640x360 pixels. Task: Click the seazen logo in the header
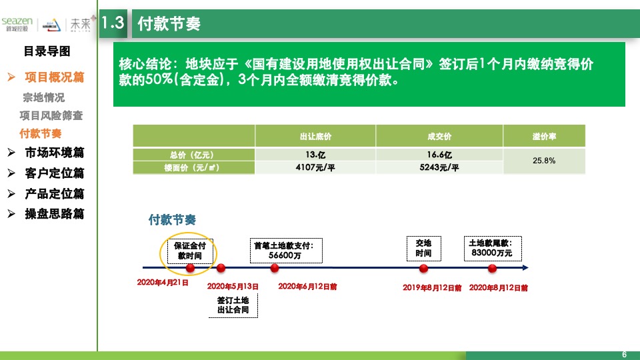(x=17, y=23)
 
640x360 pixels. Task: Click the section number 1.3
(x=113, y=23)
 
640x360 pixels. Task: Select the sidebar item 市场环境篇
(x=55, y=153)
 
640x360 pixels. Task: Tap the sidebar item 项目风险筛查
(x=51, y=115)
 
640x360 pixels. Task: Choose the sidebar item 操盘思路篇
(x=55, y=214)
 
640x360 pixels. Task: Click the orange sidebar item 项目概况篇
(x=55, y=77)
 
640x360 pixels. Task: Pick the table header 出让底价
(x=315, y=137)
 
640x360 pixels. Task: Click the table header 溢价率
(x=545, y=137)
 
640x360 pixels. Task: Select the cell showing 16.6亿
(x=439, y=155)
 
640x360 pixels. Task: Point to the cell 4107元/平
(x=315, y=168)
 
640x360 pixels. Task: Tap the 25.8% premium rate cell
(x=545, y=161)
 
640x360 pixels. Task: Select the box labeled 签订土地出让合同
(x=233, y=305)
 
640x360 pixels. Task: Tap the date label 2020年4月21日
(x=163, y=283)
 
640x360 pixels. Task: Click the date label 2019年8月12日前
(x=432, y=288)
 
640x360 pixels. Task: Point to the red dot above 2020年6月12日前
(x=275, y=268)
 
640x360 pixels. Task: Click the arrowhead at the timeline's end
(x=525, y=268)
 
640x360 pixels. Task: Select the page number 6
(x=624, y=354)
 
